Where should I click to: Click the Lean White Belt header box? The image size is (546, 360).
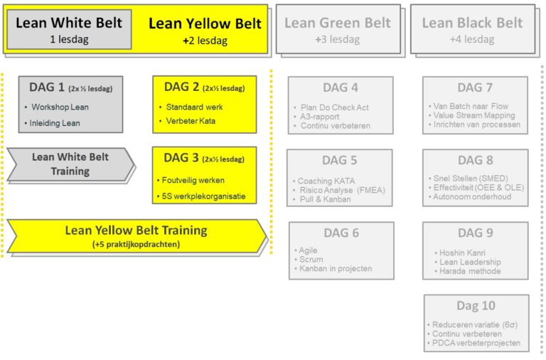click(x=70, y=29)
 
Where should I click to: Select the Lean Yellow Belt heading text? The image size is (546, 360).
click(x=205, y=23)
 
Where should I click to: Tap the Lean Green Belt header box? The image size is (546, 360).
click(x=338, y=29)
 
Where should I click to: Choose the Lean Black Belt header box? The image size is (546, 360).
click(x=472, y=29)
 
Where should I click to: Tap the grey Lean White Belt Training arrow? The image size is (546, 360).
click(x=70, y=164)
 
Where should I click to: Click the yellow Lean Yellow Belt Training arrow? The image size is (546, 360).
click(x=135, y=235)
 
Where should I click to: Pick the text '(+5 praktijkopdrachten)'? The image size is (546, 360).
click(x=136, y=245)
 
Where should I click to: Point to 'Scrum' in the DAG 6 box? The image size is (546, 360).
click(x=311, y=260)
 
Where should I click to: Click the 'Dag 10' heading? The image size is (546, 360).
click(x=476, y=305)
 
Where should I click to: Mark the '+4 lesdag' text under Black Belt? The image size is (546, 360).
click(x=471, y=39)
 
